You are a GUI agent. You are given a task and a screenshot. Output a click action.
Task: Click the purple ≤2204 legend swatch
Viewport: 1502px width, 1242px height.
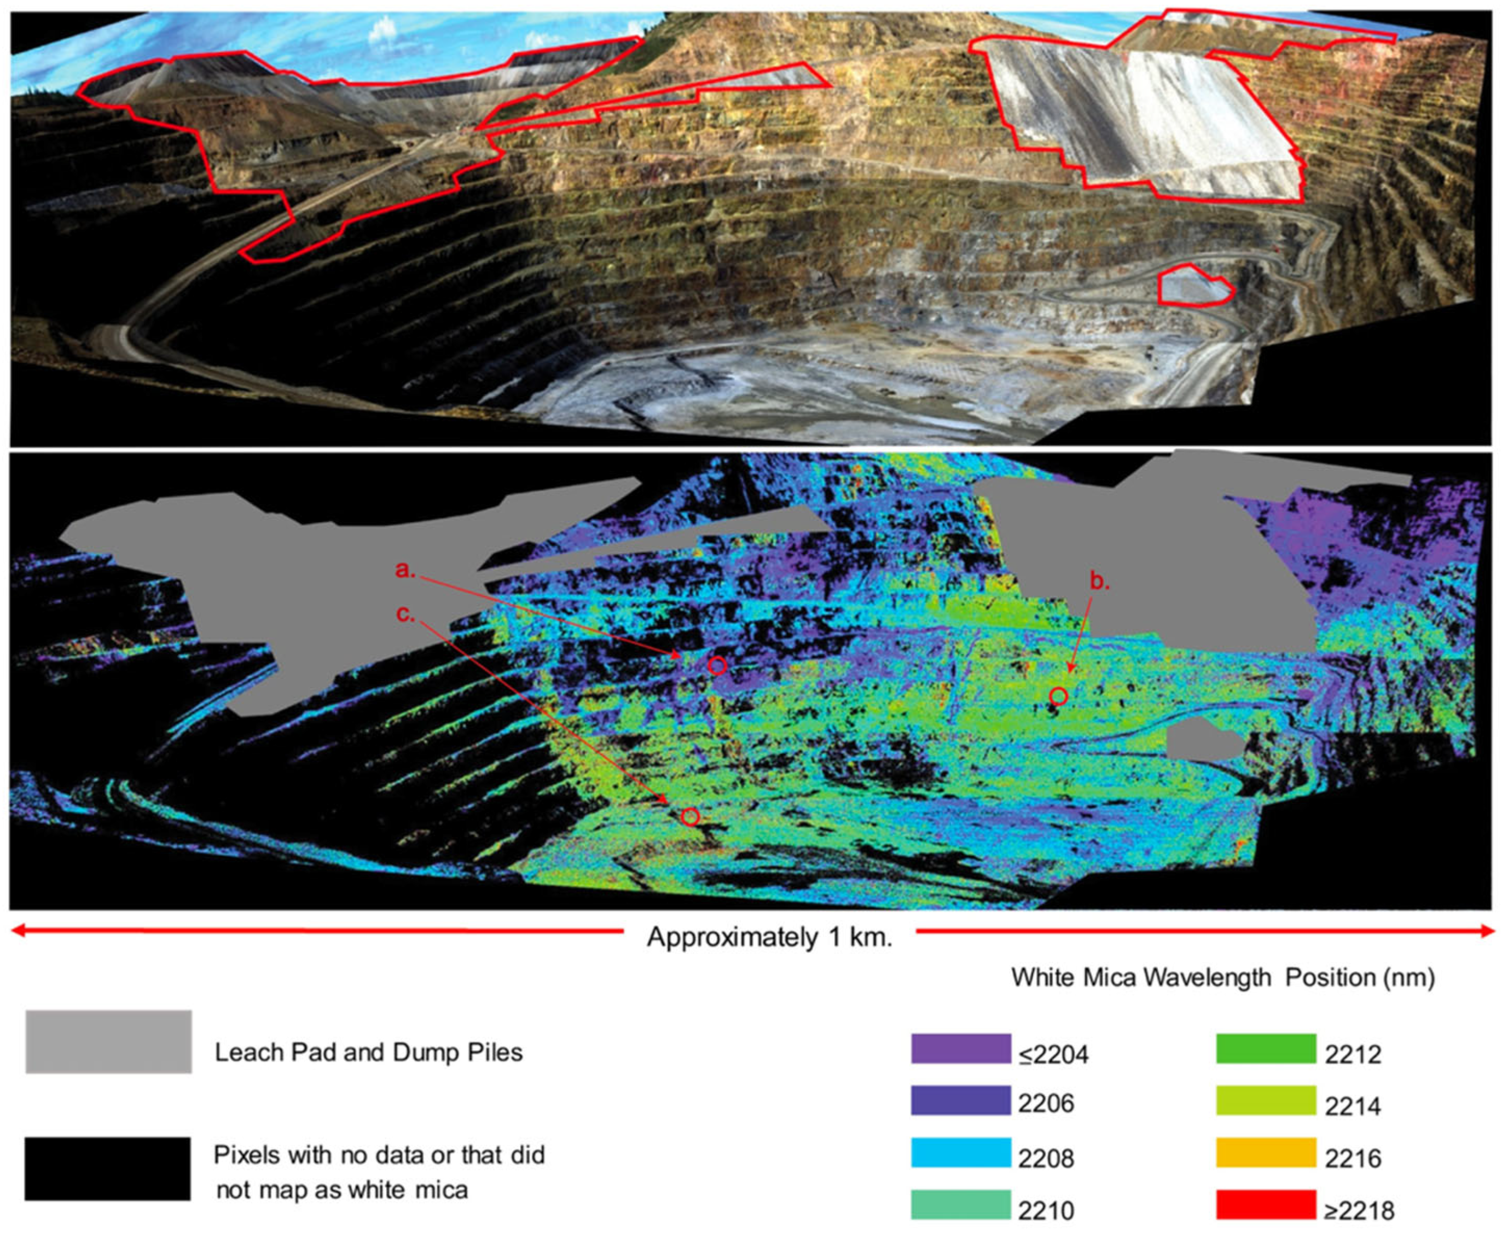(x=960, y=1049)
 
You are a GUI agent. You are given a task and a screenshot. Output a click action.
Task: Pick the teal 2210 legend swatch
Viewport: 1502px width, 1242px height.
(x=960, y=1205)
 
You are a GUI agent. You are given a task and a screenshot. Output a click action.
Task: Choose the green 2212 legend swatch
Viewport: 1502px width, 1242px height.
(x=1266, y=1049)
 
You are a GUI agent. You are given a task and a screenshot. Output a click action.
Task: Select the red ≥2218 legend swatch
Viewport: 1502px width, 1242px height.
(x=1266, y=1205)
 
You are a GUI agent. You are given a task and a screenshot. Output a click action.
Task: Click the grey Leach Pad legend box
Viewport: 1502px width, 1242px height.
(x=109, y=1042)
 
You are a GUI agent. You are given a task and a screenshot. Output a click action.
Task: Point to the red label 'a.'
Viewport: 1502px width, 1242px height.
(x=405, y=570)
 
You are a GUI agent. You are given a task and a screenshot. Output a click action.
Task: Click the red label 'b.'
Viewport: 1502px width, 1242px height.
(x=1099, y=581)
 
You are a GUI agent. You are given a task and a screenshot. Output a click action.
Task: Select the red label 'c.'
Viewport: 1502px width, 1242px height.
(x=405, y=614)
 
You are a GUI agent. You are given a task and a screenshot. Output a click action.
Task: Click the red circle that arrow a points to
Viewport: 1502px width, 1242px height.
(x=717, y=666)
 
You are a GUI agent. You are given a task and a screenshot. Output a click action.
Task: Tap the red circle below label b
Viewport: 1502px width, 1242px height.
(x=1059, y=696)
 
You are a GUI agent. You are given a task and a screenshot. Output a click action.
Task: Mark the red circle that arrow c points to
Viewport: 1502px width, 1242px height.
(x=690, y=816)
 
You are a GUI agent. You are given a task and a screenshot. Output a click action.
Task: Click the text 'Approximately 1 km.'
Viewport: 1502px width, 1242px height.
(x=769, y=937)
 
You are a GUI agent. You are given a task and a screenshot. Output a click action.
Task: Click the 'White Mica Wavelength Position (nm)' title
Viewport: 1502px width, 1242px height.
(x=1222, y=977)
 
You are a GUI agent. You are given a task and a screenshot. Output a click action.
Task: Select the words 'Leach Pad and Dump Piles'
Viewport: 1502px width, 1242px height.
(x=368, y=1053)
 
